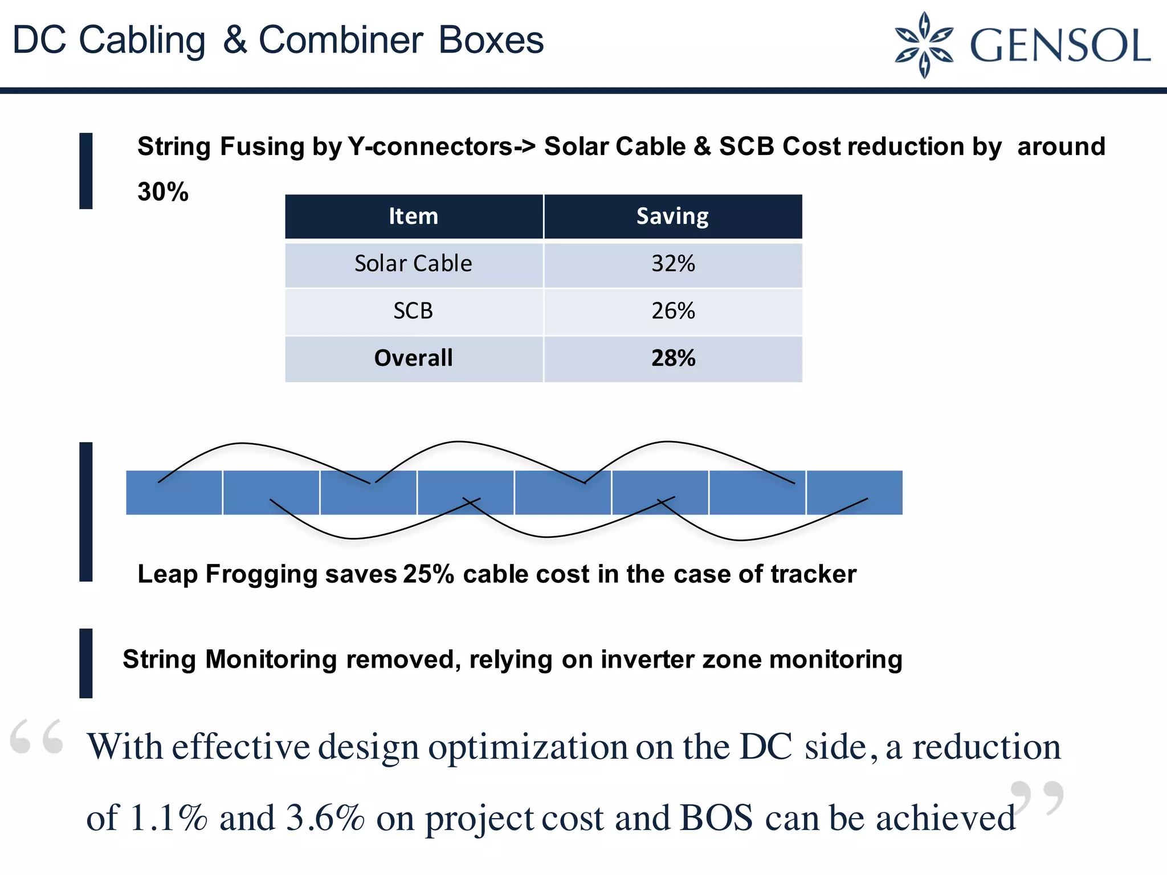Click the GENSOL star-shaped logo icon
click(924, 44)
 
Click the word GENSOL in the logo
click(1060, 46)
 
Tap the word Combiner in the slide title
click(341, 40)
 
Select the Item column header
click(414, 216)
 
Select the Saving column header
click(672, 216)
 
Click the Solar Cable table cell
click(414, 264)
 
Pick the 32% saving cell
click(673, 264)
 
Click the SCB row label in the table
click(414, 311)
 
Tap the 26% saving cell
click(673, 311)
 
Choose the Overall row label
click(414, 358)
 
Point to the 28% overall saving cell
click(673, 358)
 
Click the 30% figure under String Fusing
click(163, 192)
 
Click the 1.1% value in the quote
click(169, 818)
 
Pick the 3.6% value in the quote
click(325, 818)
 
